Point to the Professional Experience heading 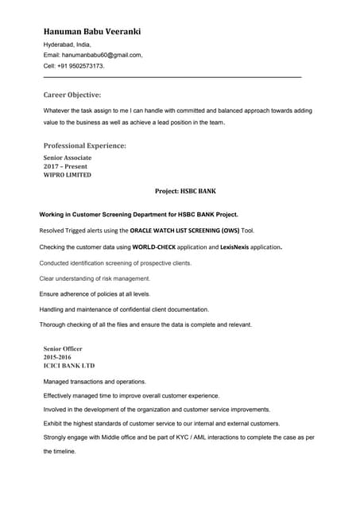[x=84, y=146]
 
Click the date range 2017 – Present [x=65, y=166]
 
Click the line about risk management [x=95, y=278]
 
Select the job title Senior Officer [x=63, y=348]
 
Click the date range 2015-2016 [x=57, y=357]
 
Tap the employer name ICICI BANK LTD [x=68, y=366]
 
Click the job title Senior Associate [x=68, y=157]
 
